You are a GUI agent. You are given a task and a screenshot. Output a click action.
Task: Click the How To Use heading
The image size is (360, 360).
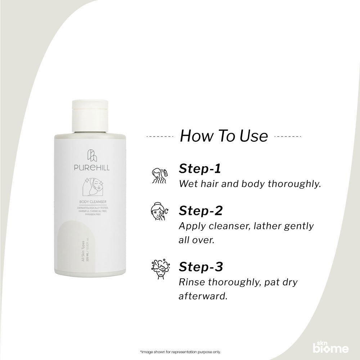pyautogui.click(x=224, y=136)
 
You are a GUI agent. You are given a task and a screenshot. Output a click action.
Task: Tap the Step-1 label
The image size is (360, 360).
pyautogui.click(x=200, y=170)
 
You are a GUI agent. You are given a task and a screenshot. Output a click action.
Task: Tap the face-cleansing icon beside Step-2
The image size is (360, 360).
pyautogui.click(x=159, y=215)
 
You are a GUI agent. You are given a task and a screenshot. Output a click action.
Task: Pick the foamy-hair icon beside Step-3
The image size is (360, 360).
pyautogui.click(x=159, y=271)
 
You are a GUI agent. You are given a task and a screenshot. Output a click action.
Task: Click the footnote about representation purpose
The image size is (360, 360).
pyautogui.click(x=180, y=352)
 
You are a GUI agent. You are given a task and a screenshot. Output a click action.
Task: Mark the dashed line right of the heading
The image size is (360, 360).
pyautogui.click(x=288, y=137)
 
